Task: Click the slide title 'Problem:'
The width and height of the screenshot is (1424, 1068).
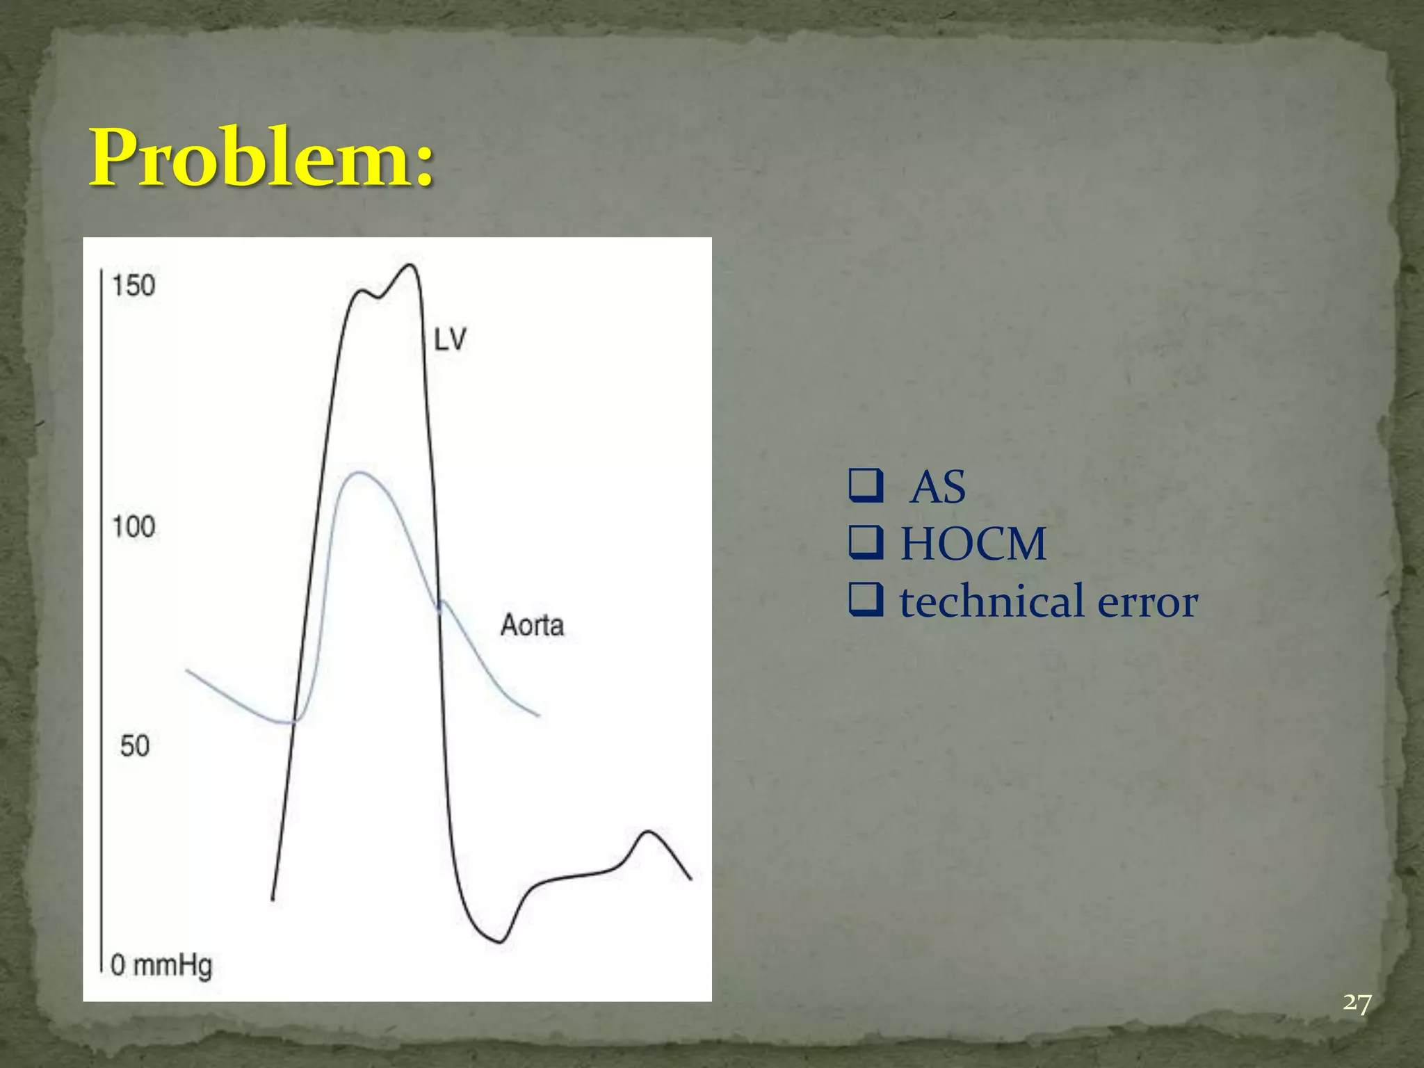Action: click(x=262, y=159)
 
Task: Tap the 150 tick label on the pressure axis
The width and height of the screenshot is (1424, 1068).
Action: click(x=133, y=286)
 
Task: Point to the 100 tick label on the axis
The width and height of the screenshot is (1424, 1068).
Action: click(x=133, y=527)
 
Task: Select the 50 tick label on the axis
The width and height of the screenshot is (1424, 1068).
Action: click(x=135, y=746)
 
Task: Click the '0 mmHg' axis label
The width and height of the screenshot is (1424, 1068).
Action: click(x=161, y=966)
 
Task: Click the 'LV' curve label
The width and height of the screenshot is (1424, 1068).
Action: click(x=450, y=340)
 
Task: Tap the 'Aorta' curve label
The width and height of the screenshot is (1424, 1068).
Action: click(x=532, y=625)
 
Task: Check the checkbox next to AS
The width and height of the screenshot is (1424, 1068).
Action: click(x=866, y=486)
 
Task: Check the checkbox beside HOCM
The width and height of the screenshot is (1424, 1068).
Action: click(x=866, y=543)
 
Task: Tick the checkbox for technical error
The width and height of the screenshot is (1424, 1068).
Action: click(x=866, y=601)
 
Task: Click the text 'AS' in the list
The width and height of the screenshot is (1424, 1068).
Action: click(x=938, y=487)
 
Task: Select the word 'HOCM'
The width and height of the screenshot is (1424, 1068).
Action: click(x=973, y=544)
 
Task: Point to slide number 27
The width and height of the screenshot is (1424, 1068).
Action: click(x=1357, y=1003)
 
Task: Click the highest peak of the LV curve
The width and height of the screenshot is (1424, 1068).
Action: click(x=412, y=265)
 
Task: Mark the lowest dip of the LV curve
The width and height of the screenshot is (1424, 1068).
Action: click(x=499, y=942)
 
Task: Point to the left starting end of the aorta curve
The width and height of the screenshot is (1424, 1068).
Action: click(x=187, y=670)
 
